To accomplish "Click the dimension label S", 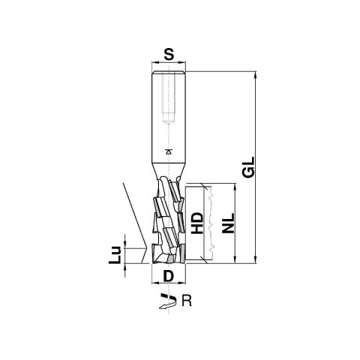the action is coord(169,55).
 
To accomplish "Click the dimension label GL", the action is coord(249,167).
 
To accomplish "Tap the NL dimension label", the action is coord(229,223).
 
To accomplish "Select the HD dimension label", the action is coord(198,223).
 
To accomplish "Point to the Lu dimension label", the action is coord(115,255).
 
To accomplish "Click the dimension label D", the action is coord(168,277).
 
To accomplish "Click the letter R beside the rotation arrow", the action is coord(187,301).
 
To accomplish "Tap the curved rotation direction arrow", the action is coord(168,301).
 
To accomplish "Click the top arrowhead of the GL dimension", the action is coord(255,75).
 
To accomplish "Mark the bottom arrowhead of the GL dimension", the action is coord(255,259).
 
